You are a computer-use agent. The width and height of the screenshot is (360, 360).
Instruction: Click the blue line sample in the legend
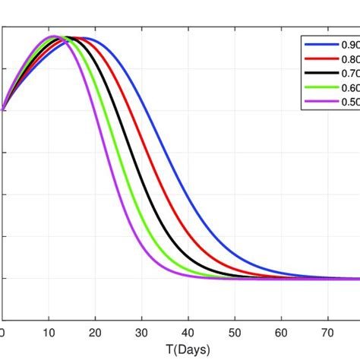pyautogui.click(x=317, y=45)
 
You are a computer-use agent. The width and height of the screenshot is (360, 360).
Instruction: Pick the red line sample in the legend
pyautogui.click(x=317, y=59)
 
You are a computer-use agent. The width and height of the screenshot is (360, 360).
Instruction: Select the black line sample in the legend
pyautogui.click(x=317, y=74)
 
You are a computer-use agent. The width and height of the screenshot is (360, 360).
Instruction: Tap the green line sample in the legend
pyautogui.click(x=317, y=88)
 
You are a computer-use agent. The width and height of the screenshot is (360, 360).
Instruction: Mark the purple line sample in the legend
pyautogui.click(x=317, y=103)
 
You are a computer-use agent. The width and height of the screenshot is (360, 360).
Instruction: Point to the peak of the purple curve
pyautogui.click(x=53, y=36)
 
